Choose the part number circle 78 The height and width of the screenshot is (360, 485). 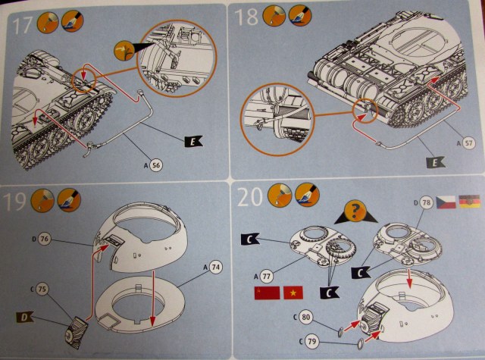click(x=426, y=203)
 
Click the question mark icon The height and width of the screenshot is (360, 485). click(x=351, y=212)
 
